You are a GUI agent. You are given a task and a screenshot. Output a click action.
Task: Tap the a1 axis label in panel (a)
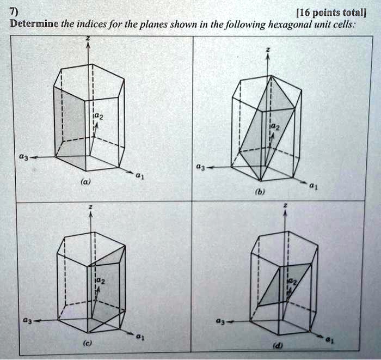(x=139, y=176)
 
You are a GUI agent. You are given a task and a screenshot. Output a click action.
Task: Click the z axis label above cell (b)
(x=267, y=50)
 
